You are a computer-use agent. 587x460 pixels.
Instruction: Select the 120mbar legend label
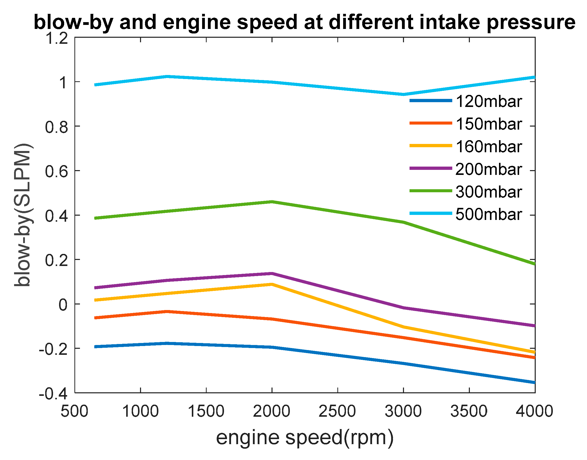point(488,101)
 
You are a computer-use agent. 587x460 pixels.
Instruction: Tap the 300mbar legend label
point(488,192)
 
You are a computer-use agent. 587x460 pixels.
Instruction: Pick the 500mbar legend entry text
point(488,215)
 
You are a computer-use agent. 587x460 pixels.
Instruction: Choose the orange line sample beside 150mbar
point(430,123)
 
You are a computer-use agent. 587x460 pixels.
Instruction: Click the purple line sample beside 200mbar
point(430,168)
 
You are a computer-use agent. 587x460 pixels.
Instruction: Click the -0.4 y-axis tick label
point(53,394)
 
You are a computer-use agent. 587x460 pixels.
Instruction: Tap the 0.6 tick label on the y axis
point(56,171)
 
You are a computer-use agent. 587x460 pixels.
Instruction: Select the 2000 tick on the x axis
point(272,411)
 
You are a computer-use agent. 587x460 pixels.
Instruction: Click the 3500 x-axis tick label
point(469,411)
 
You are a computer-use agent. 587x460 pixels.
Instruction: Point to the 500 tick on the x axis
point(74,411)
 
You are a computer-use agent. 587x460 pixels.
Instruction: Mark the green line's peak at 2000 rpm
point(272,202)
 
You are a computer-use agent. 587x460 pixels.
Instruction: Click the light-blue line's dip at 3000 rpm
point(403,94)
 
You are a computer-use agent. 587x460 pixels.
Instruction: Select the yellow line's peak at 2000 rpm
point(272,284)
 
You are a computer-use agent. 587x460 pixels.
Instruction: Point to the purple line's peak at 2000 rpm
point(272,274)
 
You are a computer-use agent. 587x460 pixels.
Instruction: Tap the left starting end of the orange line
point(96,318)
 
